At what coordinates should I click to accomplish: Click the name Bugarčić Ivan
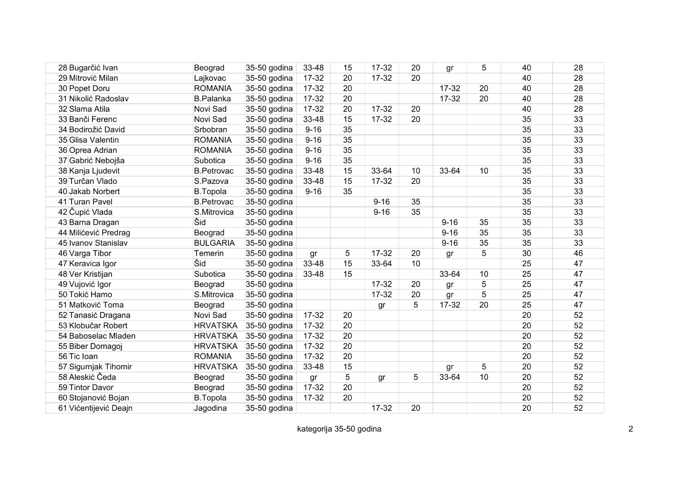pos(93,68)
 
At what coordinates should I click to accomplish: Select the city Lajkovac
pos(210,78)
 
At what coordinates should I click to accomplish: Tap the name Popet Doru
pos(89,88)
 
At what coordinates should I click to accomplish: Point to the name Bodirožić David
pos(97,130)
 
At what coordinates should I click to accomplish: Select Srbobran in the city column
pos(211,130)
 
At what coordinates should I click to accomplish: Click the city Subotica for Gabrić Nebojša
pos(210,160)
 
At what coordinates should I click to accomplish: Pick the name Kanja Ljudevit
pos(94,171)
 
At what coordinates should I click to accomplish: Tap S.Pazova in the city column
pos(211,181)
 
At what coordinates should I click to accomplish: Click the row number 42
pos(63,212)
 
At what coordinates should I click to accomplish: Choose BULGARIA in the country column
pos(214,243)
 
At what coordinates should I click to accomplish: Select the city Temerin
pos(209,253)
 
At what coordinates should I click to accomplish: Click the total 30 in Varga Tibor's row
pos(527,253)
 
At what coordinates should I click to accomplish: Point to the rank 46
pos(578,253)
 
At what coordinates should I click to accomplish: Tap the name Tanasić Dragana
pos(100,316)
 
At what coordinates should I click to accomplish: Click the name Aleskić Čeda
pos(92,377)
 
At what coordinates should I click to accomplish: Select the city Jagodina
pos(210,408)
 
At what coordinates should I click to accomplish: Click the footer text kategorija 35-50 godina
pos(339,429)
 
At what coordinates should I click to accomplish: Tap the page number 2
pos(631,429)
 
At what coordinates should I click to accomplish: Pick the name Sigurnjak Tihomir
pos(100,367)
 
